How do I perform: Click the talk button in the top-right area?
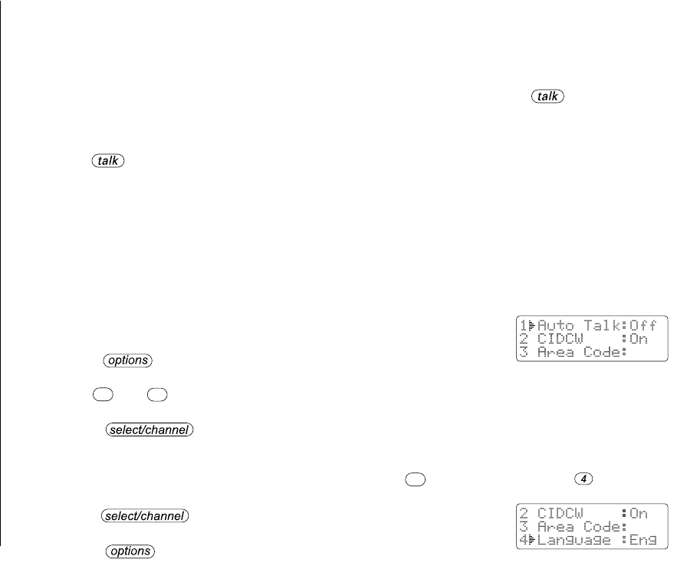click(x=547, y=97)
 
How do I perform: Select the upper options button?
click(x=129, y=360)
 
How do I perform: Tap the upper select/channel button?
click(x=148, y=430)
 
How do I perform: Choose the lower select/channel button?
click(x=146, y=516)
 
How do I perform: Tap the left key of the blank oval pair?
click(x=101, y=395)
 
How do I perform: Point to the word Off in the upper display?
click(x=642, y=325)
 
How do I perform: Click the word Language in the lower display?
click(x=574, y=540)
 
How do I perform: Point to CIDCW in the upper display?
click(x=559, y=339)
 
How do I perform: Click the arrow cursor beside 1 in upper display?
click(x=531, y=325)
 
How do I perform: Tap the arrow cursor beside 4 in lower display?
click(x=531, y=540)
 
